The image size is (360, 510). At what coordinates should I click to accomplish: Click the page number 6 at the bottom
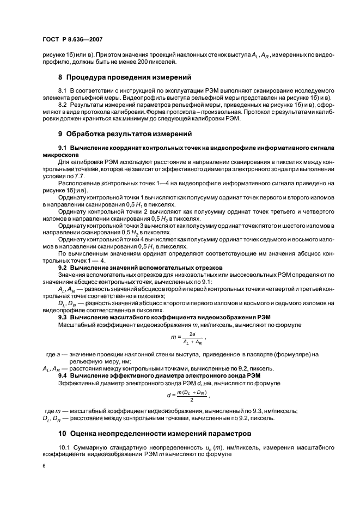[x=43, y=466]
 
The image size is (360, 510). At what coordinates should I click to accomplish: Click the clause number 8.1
[x=63, y=89]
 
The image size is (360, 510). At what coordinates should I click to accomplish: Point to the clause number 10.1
[x=65, y=447]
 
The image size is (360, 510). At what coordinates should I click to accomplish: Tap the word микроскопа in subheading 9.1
[x=58, y=154]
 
